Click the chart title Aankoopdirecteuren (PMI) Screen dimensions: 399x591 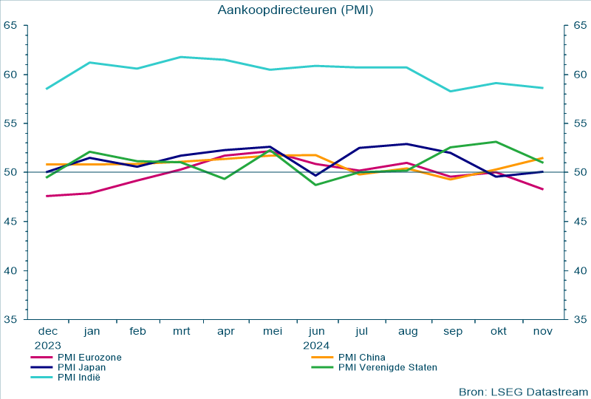pos(295,10)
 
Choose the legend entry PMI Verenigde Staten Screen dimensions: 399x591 pos(387,367)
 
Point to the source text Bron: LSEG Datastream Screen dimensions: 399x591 pos(523,391)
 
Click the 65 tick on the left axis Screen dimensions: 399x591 pos(10,26)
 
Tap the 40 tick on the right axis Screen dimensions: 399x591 pos(579,270)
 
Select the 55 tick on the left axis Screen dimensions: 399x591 pos(10,123)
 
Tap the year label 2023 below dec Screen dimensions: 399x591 pos(47,344)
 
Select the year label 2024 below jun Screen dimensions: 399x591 pos(316,344)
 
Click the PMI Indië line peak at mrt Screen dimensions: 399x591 pos(181,57)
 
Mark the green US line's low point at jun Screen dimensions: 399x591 pos(316,185)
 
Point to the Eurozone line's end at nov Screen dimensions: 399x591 pos(543,189)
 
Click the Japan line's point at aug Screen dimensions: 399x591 pos(407,144)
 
